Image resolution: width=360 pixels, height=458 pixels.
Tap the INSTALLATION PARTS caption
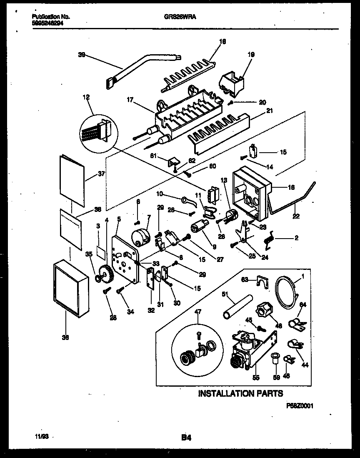[240, 393]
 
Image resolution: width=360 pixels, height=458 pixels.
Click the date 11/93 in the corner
[37, 437]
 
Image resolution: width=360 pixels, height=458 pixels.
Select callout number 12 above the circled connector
[86, 97]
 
